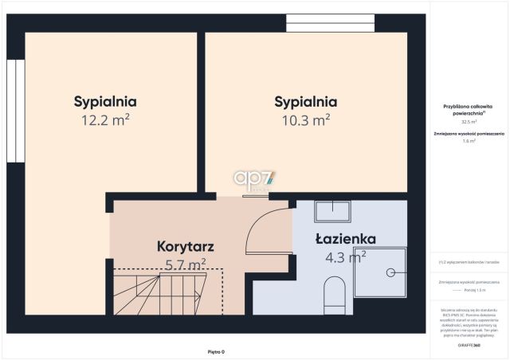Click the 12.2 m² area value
(105, 120)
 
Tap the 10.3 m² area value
(305, 120)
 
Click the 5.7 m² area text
(186, 264)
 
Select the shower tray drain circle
(390, 272)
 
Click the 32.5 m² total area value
(469, 122)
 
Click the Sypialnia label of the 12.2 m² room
(105, 102)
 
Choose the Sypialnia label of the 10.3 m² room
(305, 102)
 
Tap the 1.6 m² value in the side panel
(469, 141)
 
